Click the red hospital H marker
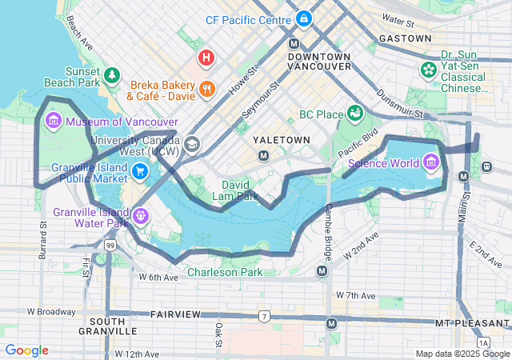point(206,58)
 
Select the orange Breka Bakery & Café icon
point(206,89)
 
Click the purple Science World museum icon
point(432,164)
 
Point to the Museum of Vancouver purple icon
point(54,122)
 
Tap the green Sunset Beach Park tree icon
point(113,75)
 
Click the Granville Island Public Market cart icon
point(140,170)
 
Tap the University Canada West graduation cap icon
point(191,145)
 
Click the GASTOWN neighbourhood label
point(406,38)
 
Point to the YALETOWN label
point(281,139)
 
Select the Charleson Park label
point(225,272)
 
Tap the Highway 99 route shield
point(108,246)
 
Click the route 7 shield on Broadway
point(263,316)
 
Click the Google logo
point(26,350)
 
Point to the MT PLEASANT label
point(472,322)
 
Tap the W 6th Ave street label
point(158,277)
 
